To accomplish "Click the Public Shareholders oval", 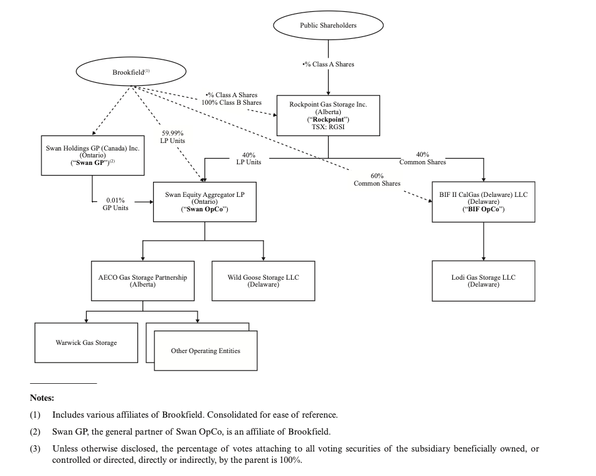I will (x=328, y=26).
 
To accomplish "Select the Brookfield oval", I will (x=130, y=73).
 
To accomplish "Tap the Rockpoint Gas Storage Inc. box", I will (x=328, y=115).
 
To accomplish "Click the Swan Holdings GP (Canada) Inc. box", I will (x=92, y=155).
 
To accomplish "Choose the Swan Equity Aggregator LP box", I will (x=205, y=201).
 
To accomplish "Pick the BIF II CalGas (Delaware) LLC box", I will (x=483, y=201).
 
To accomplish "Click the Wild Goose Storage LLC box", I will (x=263, y=280).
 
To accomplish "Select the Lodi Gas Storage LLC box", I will (x=483, y=280).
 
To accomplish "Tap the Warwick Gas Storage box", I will (x=86, y=342).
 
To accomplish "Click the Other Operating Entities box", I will (x=205, y=351).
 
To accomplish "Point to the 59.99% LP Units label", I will (x=173, y=137).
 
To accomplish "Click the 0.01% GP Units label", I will (x=115, y=204).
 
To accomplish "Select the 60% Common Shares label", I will (x=376, y=179).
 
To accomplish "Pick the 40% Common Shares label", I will (x=422, y=158).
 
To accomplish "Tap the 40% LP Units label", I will (x=248, y=158).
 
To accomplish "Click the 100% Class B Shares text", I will (x=231, y=102).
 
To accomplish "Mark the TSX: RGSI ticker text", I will (x=328, y=127).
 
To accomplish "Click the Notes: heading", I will (x=42, y=398).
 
